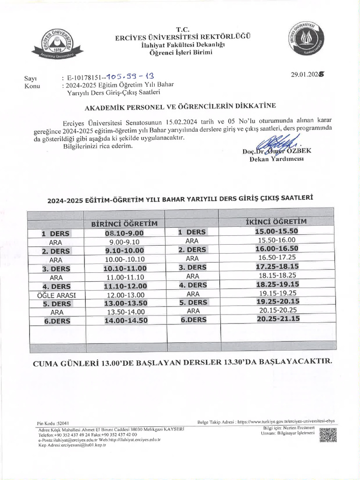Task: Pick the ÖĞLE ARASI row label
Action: pos(56,295)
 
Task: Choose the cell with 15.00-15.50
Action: pos(277,231)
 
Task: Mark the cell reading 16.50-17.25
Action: pos(277,257)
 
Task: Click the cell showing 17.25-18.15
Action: pos(277,266)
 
